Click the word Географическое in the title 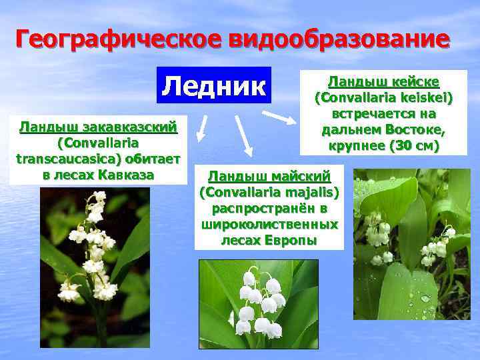point(119,39)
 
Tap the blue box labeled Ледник point(214,85)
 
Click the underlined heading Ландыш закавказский point(99,127)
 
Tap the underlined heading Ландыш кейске point(383,82)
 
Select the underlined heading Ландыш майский point(269,176)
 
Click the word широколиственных point(269,224)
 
